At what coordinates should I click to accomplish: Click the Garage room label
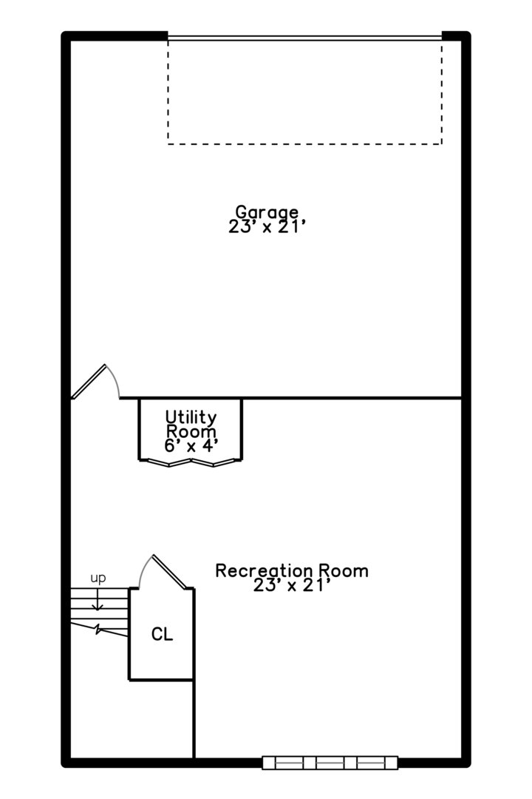(x=267, y=212)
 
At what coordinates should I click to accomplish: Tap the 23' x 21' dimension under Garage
(x=267, y=227)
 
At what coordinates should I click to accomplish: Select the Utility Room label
(x=191, y=425)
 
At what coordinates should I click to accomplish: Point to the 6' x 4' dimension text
(x=191, y=446)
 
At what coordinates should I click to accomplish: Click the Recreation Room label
(x=292, y=570)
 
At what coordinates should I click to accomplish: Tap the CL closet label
(x=163, y=635)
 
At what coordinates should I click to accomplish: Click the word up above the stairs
(x=98, y=579)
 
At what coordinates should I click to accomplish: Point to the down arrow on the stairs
(x=98, y=600)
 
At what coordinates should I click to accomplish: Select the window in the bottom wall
(x=330, y=763)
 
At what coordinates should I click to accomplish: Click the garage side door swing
(x=96, y=381)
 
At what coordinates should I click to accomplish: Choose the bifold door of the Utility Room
(x=191, y=462)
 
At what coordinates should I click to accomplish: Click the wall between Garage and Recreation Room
(x=290, y=398)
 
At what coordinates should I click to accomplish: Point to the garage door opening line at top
(x=305, y=37)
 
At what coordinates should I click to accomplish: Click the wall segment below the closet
(x=194, y=719)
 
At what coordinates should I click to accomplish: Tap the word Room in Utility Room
(x=191, y=431)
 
